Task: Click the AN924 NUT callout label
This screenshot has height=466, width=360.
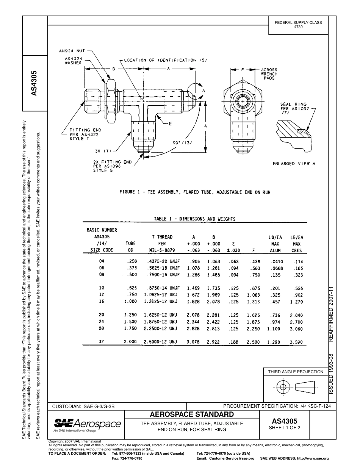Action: (x=72, y=51)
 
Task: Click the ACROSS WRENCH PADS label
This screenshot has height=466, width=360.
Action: (x=269, y=74)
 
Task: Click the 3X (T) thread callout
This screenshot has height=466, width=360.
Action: (x=103, y=151)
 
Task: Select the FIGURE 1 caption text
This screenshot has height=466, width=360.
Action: (x=195, y=192)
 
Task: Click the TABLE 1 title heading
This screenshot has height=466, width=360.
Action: (x=194, y=219)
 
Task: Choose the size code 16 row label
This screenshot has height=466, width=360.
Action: (x=101, y=301)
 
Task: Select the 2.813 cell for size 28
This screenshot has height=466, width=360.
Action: (x=213, y=329)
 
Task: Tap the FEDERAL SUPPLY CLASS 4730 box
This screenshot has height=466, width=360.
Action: (x=298, y=25)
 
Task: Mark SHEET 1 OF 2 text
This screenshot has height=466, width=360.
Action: (x=284, y=428)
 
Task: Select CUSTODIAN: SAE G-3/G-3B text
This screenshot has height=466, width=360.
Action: (x=83, y=407)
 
